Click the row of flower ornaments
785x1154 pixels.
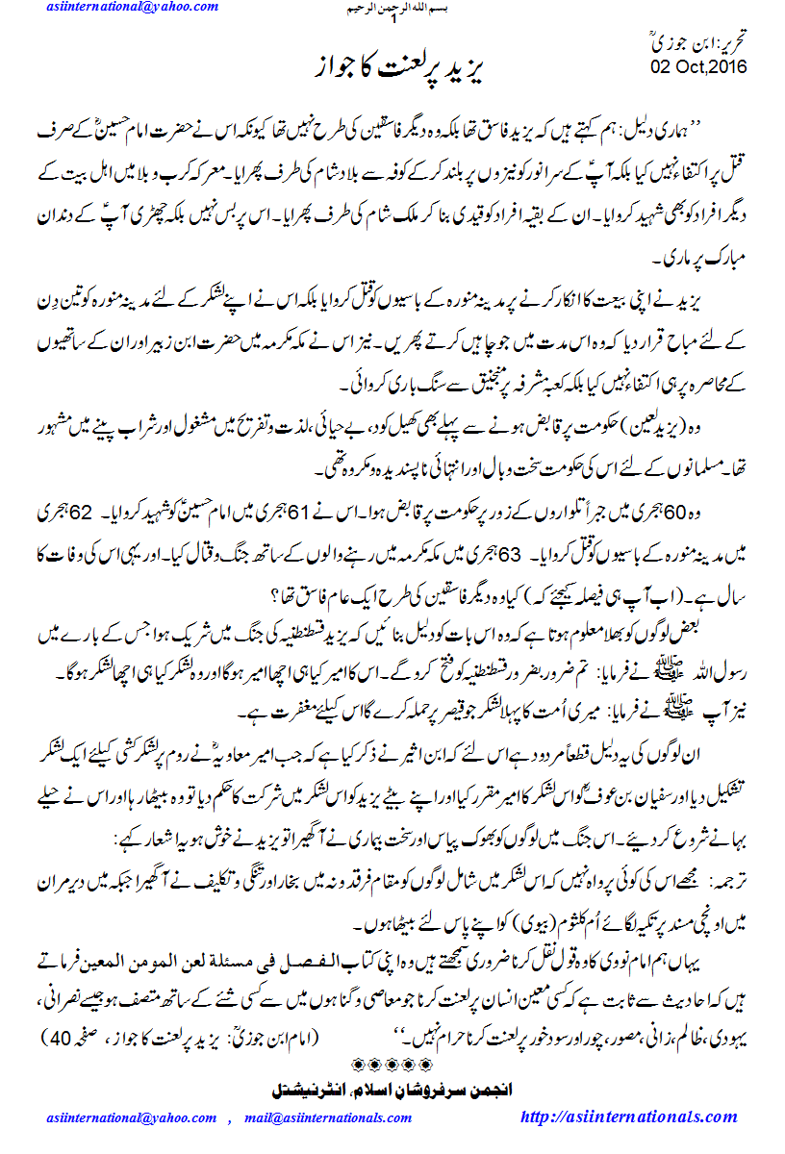tap(392, 1066)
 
